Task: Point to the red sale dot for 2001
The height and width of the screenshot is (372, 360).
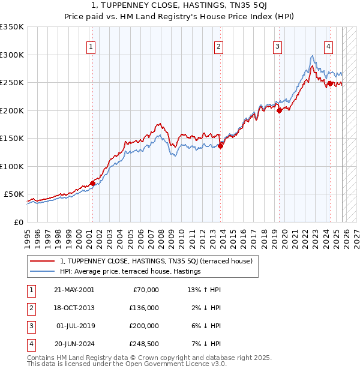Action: [x=92, y=183]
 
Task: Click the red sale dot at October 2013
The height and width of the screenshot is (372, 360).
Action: [x=220, y=146]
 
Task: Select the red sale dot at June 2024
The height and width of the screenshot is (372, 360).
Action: [x=330, y=83]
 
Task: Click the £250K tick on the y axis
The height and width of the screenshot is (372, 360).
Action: [x=12, y=82]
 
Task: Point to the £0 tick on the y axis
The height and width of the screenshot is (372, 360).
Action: [x=18, y=222]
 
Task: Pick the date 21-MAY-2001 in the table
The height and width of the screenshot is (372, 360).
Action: [x=74, y=290]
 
